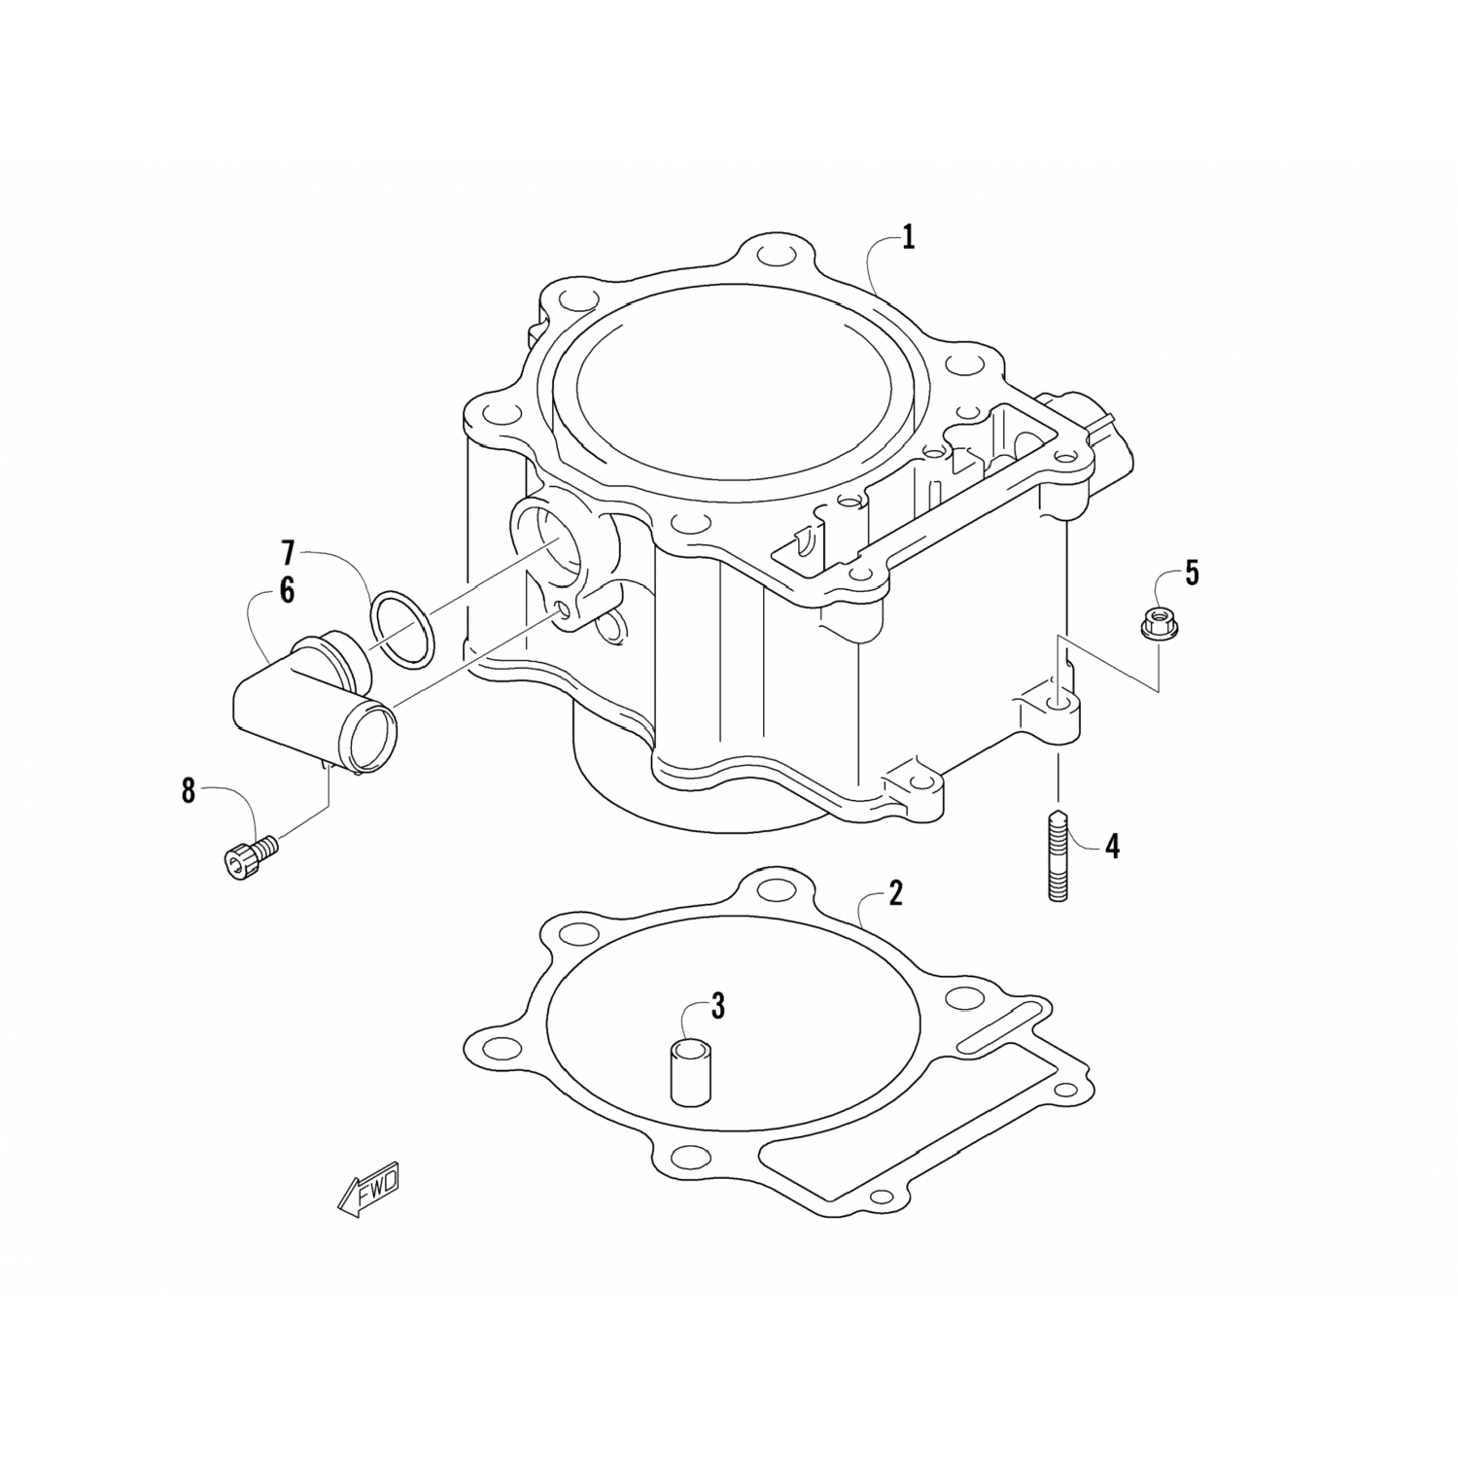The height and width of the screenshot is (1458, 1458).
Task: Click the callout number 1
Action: click(908, 238)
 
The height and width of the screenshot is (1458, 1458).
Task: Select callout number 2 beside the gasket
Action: click(895, 893)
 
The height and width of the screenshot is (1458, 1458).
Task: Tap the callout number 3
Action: click(717, 1007)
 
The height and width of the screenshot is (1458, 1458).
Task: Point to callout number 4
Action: click(1112, 847)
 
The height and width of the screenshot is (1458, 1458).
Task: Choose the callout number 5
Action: click(1191, 573)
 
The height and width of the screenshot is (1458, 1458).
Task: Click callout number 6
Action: click(287, 590)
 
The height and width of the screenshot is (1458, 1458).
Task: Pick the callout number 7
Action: click(287, 554)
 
